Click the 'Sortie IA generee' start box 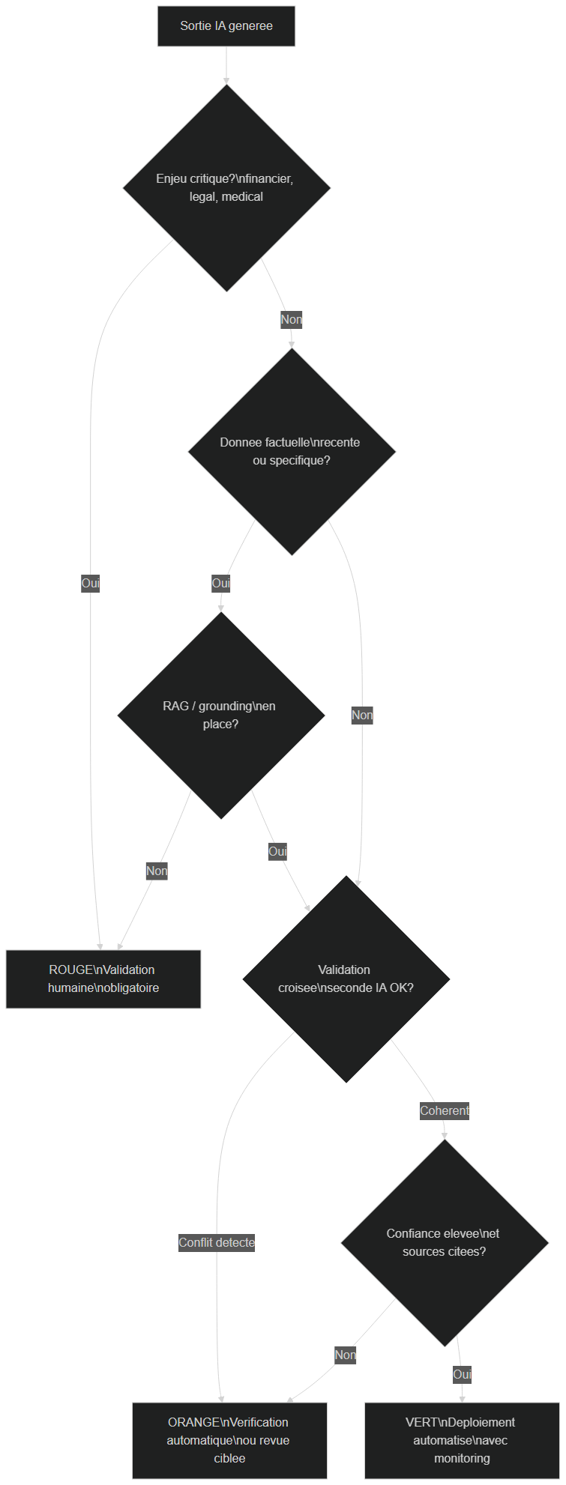coord(226,26)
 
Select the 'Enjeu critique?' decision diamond coord(226,188)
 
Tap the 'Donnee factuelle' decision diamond coord(292,452)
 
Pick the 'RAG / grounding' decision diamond coord(221,716)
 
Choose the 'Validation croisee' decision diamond coord(346,979)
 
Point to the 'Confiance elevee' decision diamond coord(445,1243)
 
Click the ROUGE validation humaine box coord(103,979)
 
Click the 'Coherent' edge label coord(445,1111)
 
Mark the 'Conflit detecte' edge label coord(217,1243)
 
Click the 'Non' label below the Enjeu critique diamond coord(292,320)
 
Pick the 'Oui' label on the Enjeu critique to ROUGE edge coord(91,584)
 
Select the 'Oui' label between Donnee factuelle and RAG coord(220,584)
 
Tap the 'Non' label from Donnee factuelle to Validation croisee coord(362,716)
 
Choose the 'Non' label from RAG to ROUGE coord(157,871)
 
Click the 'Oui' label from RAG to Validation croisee coord(278,852)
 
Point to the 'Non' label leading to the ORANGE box coord(346,1355)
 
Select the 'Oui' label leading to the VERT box coord(463,1375)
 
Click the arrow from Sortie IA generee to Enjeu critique coord(226,65)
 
